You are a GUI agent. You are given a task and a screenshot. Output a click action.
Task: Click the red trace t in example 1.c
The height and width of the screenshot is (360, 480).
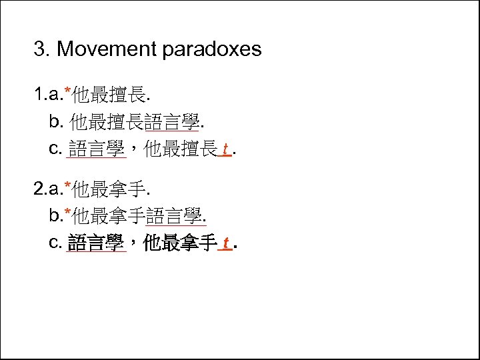226,149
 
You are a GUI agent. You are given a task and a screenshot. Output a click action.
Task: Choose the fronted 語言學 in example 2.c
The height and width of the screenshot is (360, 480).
97,243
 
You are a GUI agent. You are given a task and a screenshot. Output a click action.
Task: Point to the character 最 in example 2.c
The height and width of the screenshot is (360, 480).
172,243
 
